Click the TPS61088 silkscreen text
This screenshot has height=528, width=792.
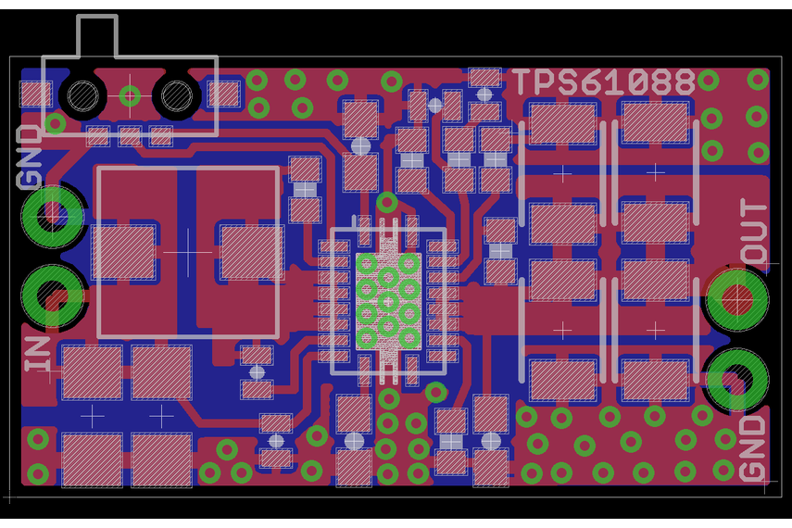tap(603, 82)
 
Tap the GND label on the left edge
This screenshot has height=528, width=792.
tap(31, 157)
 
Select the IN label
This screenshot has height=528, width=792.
tap(38, 354)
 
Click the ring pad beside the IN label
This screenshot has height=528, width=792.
tap(52, 296)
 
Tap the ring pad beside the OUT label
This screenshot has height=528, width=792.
tap(737, 298)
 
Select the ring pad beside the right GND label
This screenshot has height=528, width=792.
tap(737, 378)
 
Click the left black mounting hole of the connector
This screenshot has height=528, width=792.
tap(83, 94)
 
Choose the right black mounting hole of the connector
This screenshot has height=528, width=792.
tap(176, 94)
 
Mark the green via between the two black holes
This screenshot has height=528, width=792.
tap(131, 94)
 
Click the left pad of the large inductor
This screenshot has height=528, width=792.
tap(122, 252)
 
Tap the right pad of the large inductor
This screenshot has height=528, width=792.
tap(251, 252)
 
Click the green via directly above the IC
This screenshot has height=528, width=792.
tap(387, 202)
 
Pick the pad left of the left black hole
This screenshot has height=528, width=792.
tap(36, 94)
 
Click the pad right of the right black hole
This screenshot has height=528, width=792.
tap(224, 94)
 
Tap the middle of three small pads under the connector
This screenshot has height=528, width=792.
tap(130, 137)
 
